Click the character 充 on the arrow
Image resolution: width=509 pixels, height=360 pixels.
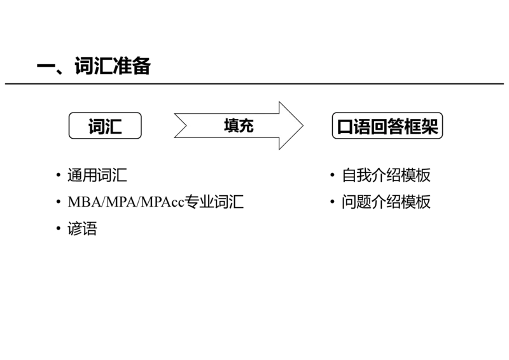[246, 126]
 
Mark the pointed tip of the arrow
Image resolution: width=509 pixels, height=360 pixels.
[303, 126]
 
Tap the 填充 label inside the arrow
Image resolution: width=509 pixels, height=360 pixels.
[239, 126]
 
